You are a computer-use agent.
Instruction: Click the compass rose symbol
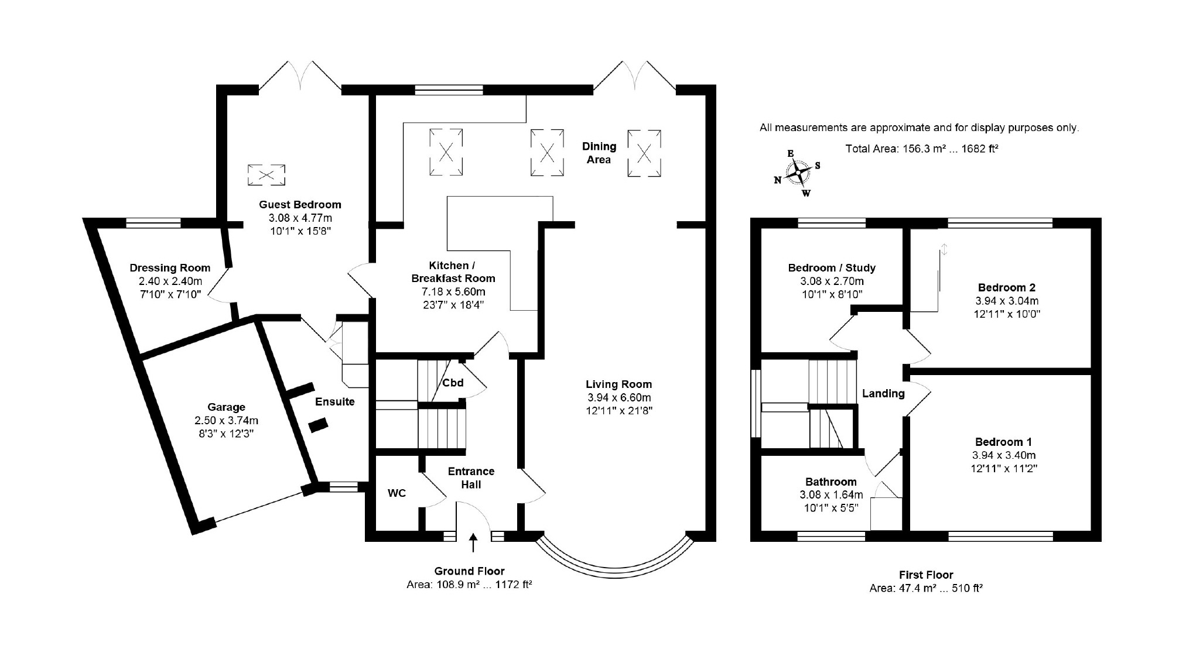pos(798,173)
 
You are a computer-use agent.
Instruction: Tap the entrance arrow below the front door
pos(473,542)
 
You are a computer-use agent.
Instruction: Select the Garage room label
pos(226,407)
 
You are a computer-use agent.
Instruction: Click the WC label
pos(397,493)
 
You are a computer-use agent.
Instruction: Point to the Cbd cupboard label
pos(453,383)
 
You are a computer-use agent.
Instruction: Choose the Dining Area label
pos(599,153)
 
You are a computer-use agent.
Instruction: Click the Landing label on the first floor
pos(883,394)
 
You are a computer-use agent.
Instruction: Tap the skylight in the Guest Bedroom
pos(267,175)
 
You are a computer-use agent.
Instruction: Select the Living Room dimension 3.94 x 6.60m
pos(618,397)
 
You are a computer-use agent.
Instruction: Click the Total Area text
pos(921,149)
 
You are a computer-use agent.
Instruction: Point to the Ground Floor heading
pos(469,571)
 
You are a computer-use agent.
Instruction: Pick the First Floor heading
pos(926,575)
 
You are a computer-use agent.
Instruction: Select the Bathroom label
pos(830,482)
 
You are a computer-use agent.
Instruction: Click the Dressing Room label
pos(170,268)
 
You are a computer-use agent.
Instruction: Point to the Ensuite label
pos(334,402)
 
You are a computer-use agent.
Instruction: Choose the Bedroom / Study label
pos(832,268)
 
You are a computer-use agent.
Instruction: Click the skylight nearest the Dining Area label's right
pos(644,153)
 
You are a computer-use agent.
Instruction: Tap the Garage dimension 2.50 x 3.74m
pos(226,420)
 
